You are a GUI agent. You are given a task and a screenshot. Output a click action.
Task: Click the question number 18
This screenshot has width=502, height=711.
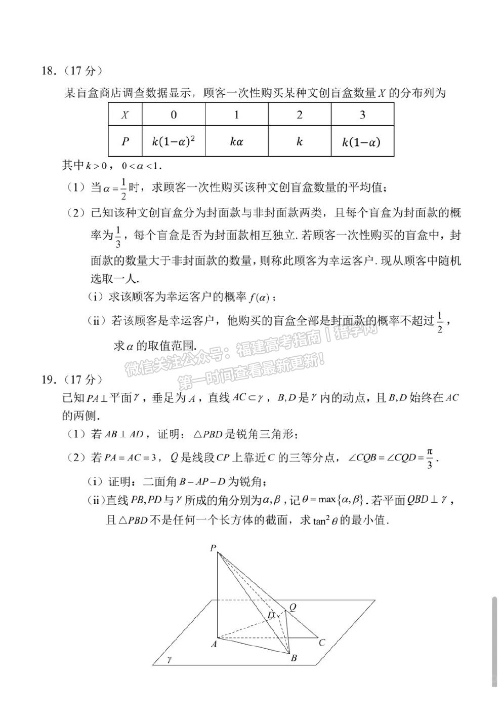[x=48, y=71]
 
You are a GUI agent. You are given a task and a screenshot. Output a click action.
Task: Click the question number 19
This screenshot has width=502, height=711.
[x=48, y=379]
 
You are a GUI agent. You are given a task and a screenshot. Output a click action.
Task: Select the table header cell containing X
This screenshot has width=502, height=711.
[x=125, y=115]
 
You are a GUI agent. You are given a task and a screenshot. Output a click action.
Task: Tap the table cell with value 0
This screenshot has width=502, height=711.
[x=174, y=115]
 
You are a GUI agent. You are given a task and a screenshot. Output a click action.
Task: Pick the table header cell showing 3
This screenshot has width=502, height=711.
[x=362, y=115]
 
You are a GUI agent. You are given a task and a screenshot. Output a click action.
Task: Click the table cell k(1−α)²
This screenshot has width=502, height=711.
[x=174, y=141]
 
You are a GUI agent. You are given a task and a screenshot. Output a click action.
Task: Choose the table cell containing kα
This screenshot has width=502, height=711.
[x=236, y=141]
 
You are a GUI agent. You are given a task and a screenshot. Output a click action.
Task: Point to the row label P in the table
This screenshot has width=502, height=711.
[x=125, y=141]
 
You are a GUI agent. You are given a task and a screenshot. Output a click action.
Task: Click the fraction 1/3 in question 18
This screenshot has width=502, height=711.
[x=118, y=236]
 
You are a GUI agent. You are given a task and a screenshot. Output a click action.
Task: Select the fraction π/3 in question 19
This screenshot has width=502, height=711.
[x=430, y=458]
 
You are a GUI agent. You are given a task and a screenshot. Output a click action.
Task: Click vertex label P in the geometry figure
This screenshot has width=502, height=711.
[x=213, y=548]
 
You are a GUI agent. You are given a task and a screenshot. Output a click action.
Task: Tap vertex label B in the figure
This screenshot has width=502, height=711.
[x=293, y=658]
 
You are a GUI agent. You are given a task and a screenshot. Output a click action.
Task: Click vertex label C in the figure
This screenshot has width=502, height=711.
[x=322, y=643]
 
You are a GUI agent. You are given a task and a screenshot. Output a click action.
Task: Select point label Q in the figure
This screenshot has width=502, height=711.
[x=292, y=607]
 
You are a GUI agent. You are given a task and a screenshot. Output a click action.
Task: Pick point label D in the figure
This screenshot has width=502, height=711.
[x=271, y=615]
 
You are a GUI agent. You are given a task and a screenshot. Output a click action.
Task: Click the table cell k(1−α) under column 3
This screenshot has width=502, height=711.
[x=362, y=141]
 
